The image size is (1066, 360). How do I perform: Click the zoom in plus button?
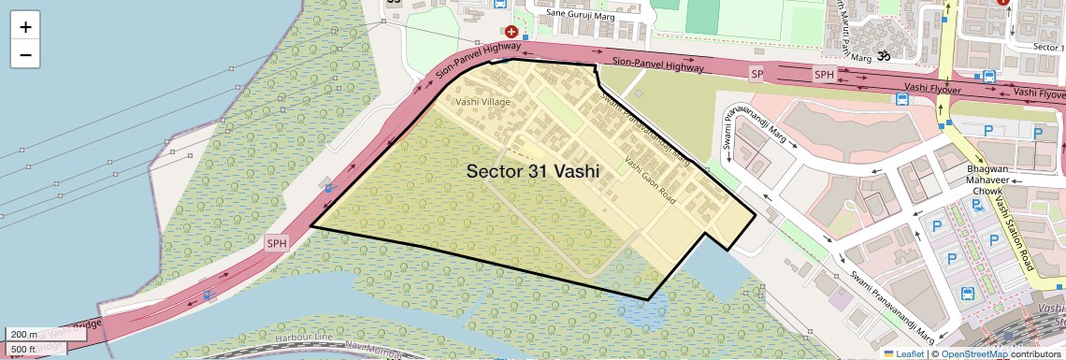click(25, 27)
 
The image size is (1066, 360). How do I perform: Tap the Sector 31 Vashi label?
click(532, 171)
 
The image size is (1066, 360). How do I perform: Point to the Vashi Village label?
click(483, 100)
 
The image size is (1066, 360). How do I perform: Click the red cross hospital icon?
click(511, 31)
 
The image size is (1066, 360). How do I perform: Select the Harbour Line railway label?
click(305, 338)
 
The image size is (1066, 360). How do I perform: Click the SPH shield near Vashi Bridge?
click(277, 242)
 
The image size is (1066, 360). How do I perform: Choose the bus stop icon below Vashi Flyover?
click(901, 99)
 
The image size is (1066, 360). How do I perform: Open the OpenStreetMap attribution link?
click(973, 353)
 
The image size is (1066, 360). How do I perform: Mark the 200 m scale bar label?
click(24, 334)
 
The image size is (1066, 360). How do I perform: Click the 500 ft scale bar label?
click(24, 348)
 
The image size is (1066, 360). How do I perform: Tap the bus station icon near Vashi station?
click(967, 294)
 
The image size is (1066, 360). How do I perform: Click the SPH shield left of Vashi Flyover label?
click(823, 74)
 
